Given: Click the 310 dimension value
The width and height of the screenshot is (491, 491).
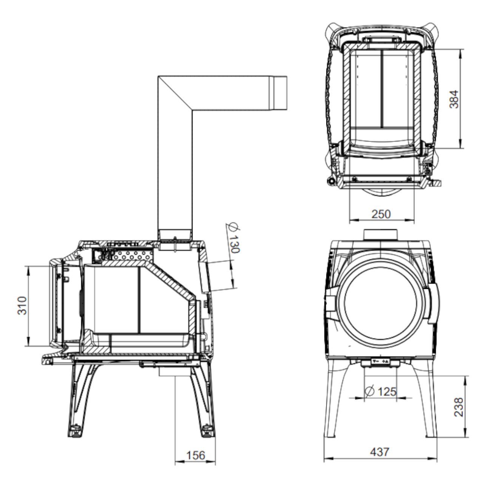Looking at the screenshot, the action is pyautogui.click(x=22, y=306).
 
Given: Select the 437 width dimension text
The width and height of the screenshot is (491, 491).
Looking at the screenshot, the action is pyautogui.click(x=380, y=452).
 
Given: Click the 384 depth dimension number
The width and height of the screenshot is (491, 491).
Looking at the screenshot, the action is pyautogui.click(x=454, y=99).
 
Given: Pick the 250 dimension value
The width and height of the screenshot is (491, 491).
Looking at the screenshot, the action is pyautogui.click(x=381, y=214).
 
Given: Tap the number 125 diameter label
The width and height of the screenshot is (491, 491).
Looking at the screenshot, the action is pyautogui.click(x=387, y=392).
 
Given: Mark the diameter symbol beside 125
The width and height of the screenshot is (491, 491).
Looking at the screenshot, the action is pyautogui.click(x=369, y=391).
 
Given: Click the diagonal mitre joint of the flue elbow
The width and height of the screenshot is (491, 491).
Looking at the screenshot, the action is pyautogui.click(x=175, y=93).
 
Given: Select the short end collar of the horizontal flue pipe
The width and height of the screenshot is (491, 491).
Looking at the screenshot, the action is pyautogui.click(x=280, y=93).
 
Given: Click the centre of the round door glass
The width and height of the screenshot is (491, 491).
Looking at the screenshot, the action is pyautogui.click(x=381, y=306).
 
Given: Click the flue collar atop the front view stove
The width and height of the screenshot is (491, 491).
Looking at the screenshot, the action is pyautogui.click(x=380, y=235).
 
